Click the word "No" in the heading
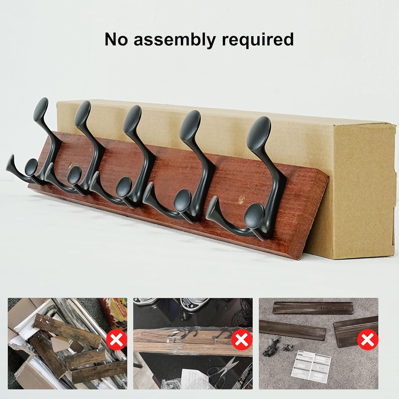click(116, 39)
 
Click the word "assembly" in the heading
click(175, 40)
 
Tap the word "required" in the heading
click(258, 40)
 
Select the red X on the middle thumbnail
click(242, 340)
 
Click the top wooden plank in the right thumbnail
click(313, 308)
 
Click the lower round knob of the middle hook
click(123, 187)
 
